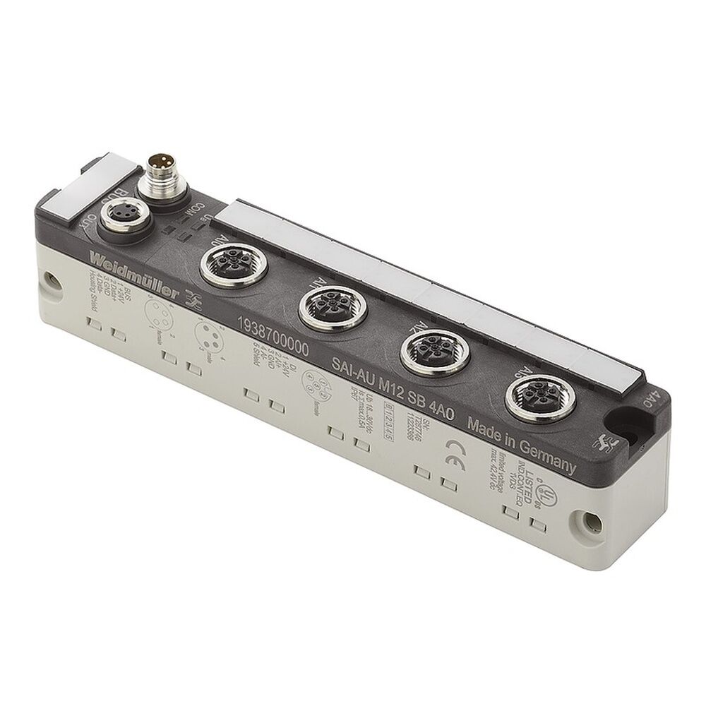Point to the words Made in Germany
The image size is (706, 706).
point(522,444)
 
